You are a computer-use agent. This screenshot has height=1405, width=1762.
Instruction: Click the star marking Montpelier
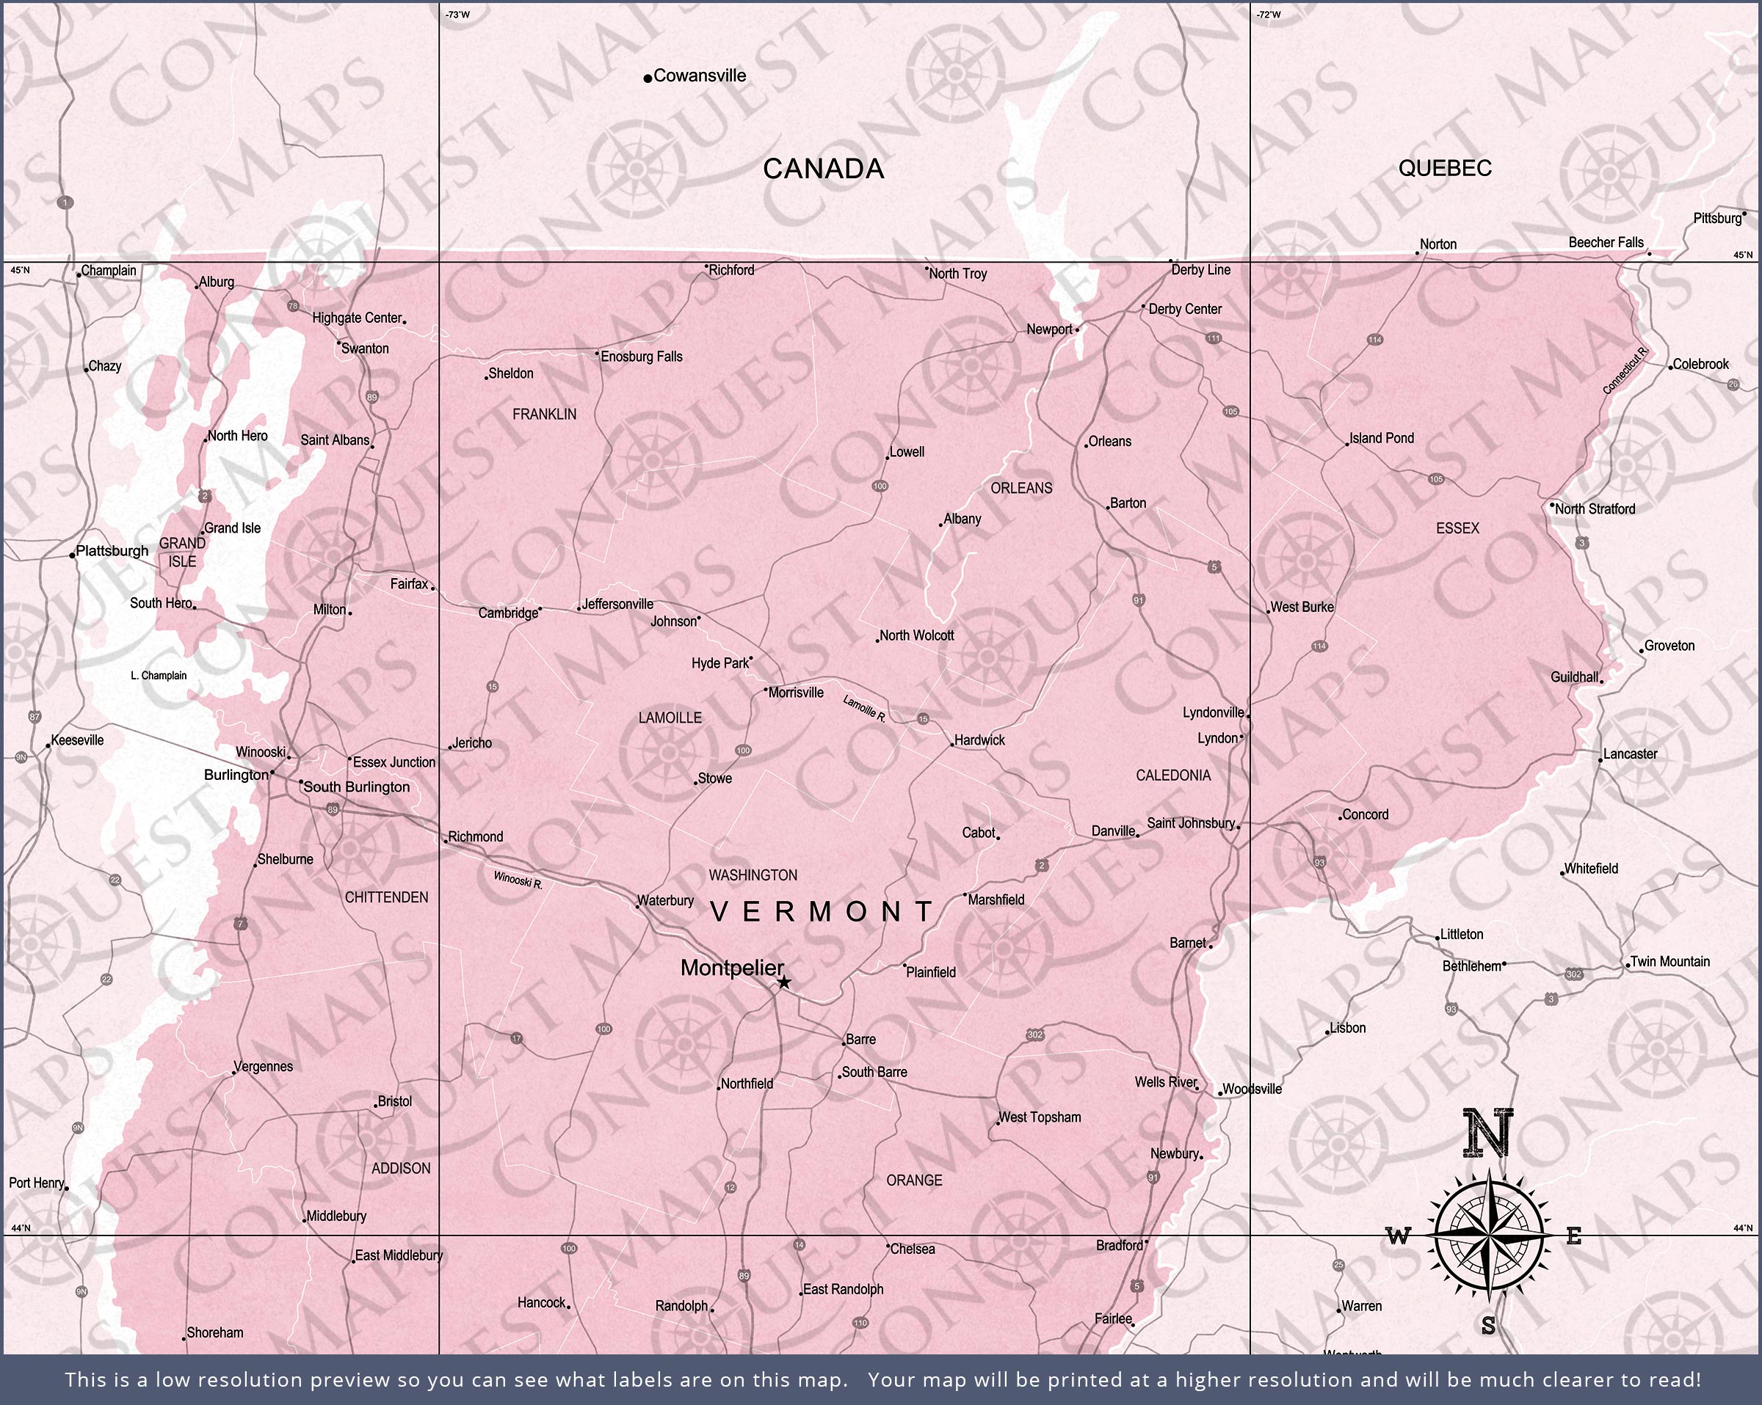tap(784, 982)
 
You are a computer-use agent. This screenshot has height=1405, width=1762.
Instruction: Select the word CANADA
tap(823, 169)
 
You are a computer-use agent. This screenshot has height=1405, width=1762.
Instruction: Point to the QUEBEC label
tap(1445, 168)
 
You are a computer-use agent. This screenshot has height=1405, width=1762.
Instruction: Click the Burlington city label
tap(236, 774)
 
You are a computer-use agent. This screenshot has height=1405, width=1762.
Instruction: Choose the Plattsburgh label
tap(112, 550)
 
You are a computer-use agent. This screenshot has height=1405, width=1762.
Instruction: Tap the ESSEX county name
tap(1457, 528)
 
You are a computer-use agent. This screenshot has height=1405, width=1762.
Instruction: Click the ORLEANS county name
tap(1020, 489)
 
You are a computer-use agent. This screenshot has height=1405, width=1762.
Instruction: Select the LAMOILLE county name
tap(670, 718)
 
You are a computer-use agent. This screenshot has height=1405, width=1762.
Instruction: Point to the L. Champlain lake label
tap(159, 676)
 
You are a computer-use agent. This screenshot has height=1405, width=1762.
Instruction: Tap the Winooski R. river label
tap(518, 880)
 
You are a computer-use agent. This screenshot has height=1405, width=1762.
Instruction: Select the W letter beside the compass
tap(1399, 1237)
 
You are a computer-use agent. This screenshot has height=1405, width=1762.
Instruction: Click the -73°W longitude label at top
tap(457, 15)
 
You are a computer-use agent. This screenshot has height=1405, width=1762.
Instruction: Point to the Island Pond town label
tap(1381, 438)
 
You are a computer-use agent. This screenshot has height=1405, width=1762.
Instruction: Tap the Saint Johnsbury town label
tap(1190, 822)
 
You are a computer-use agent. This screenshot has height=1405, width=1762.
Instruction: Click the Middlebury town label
tap(336, 1216)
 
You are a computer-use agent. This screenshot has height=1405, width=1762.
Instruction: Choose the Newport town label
tap(1049, 329)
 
